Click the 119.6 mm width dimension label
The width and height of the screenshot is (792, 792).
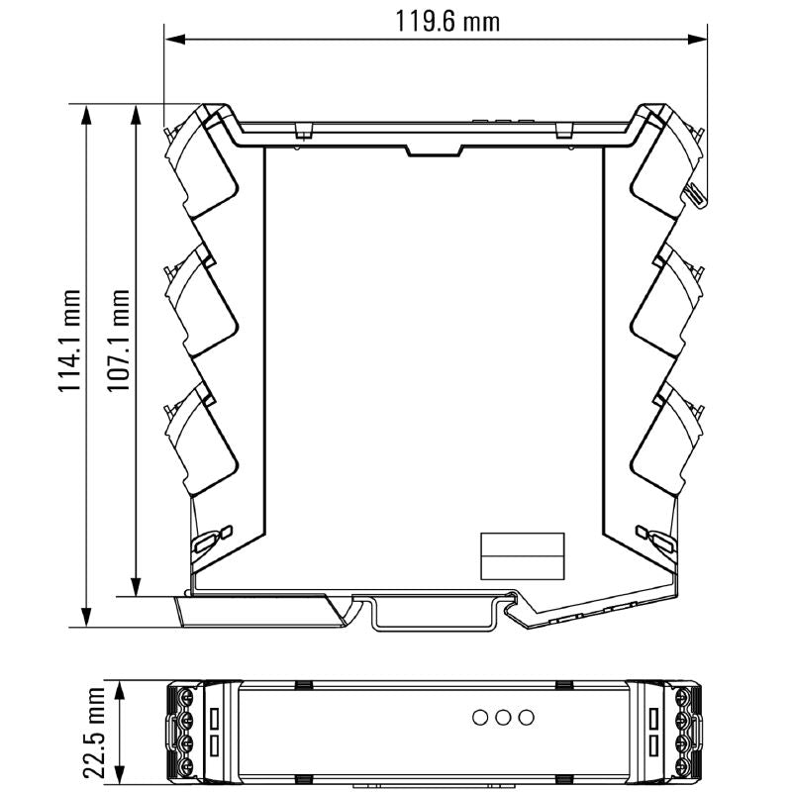pos(447,22)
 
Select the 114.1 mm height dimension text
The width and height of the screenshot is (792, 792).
pos(69,341)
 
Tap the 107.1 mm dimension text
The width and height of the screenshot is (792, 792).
pos(118,340)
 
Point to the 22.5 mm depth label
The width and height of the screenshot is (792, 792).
pos(94,733)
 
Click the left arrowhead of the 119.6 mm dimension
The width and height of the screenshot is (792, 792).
pos(175,40)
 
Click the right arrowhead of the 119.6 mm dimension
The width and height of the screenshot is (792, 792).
pos(696,40)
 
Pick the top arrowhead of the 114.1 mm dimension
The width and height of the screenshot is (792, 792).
pos(86,115)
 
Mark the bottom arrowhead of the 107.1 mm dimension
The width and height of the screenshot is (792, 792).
pos(136,586)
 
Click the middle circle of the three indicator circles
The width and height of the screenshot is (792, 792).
pos(503,717)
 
